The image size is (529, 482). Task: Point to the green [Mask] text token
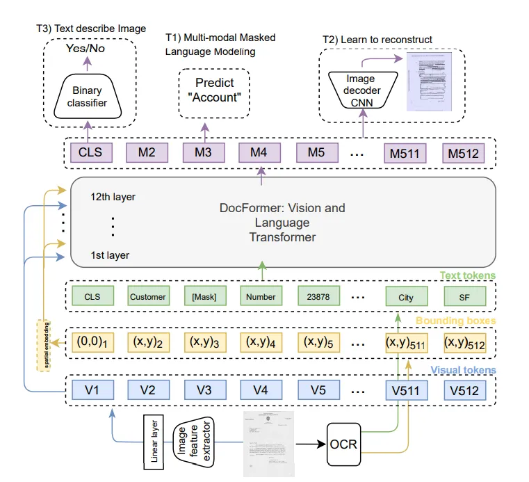pos(204,297)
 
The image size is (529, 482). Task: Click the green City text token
pos(405,297)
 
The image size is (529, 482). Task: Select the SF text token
pos(464,297)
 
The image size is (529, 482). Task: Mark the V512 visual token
pos(464,390)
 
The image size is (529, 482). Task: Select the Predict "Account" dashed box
pos(214,90)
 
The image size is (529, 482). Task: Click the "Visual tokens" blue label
pos(464,369)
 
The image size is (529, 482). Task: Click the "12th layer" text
pos(113,197)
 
